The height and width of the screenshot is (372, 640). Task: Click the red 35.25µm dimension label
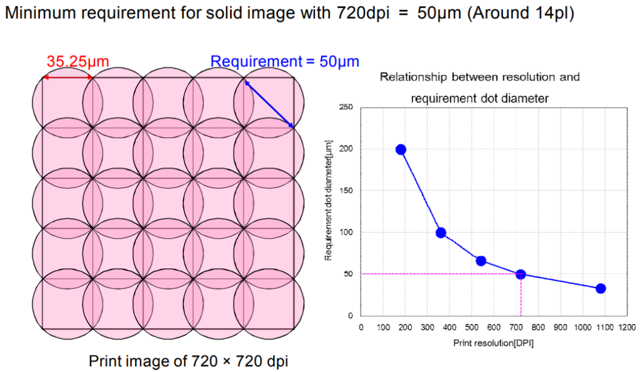[x=77, y=61]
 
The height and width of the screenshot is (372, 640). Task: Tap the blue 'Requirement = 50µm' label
[x=284, y=61]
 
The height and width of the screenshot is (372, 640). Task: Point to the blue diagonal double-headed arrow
[x=269, y=104]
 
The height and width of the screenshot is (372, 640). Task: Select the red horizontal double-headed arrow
[x=67, y=78]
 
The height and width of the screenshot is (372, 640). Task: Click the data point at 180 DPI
[x=401, y=149]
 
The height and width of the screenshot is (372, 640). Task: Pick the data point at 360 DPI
[x=441, y=233]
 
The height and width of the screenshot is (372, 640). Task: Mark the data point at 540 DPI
[x=481, y=261]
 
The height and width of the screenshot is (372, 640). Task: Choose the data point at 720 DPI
[x=521, y=274]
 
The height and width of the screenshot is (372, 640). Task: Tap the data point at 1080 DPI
[x=601, y=288]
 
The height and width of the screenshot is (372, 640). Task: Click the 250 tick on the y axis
[x=348, y=108]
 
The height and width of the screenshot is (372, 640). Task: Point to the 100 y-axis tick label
[x=348, y=233]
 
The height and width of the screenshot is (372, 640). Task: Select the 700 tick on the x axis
[x=516, y=327]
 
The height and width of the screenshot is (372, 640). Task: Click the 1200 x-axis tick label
[x=627, y=327]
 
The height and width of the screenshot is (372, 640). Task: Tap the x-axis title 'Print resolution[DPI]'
[x=494, y=343]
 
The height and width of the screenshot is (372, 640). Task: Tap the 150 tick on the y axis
[x=348, y=191]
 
